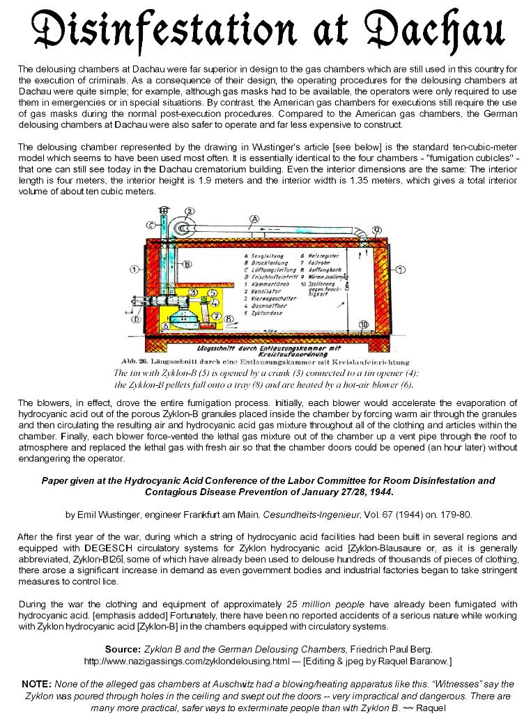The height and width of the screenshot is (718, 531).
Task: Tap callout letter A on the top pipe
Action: pyautogui.click(x=254, y=218)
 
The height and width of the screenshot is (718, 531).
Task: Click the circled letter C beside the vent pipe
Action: pyautogui.click(x=151, y=225)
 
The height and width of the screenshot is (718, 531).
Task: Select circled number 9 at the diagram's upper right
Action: pyautogui.click(x=376, y=229)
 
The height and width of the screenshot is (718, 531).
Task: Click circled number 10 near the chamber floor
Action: pyautogui.click(x=363, y=325)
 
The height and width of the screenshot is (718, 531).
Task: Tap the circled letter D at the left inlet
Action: pyautogui.click(x=137, y=320)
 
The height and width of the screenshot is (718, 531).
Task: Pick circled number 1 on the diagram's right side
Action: pyautogui.click(x=401, y=270)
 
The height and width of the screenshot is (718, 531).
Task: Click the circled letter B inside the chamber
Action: pyautogui.click(x=187, y=265)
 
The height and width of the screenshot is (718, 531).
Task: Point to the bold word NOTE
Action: pyautogui.click(x=36, y=684)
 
